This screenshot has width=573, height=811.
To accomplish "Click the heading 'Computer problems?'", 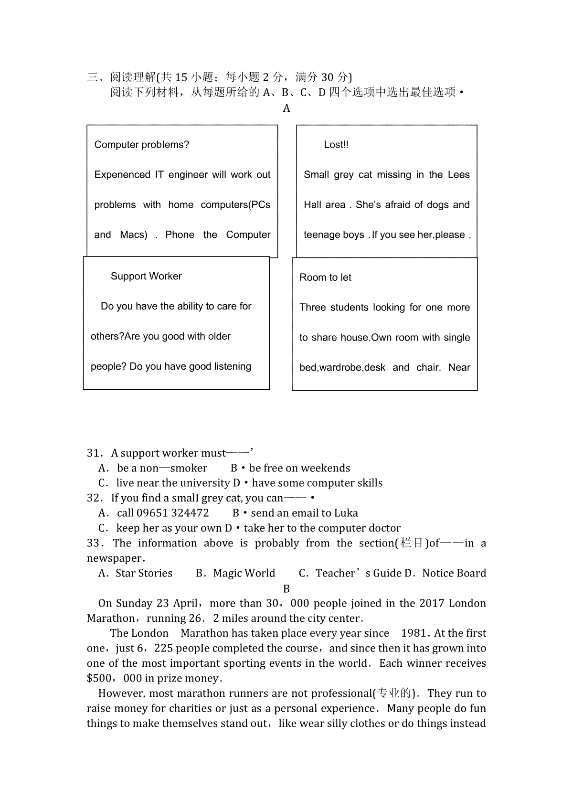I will (141, 145).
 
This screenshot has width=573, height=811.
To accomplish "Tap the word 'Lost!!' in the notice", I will (336, 145).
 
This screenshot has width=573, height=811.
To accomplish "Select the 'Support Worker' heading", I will (146, 276).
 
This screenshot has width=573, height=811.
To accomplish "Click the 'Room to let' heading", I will (325, 277).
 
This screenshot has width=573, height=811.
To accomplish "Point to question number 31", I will (94, 453).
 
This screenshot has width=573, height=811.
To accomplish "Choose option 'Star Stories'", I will (144, 573).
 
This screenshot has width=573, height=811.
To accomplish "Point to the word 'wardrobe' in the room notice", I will (340, 368).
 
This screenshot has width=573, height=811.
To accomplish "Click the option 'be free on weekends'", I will (299, 468).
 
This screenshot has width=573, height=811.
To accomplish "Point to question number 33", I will (94, 543).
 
